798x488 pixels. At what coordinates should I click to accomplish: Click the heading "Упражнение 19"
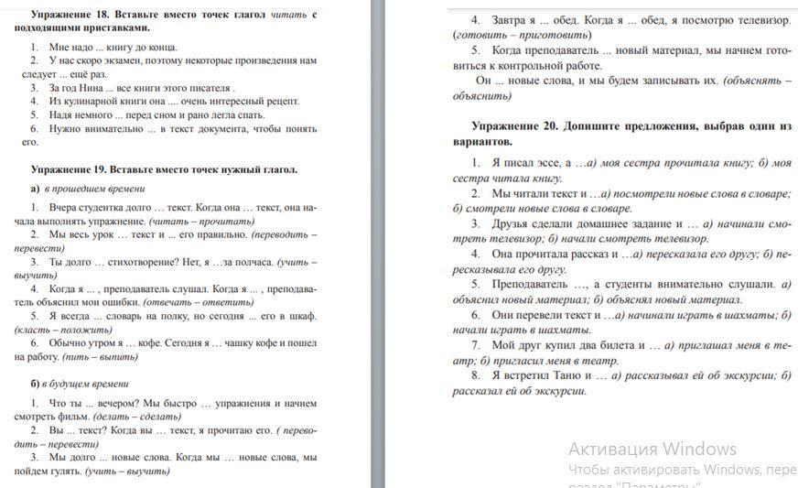tap(70, 169)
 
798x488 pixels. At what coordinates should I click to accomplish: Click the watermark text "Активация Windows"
tap(652, 449)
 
